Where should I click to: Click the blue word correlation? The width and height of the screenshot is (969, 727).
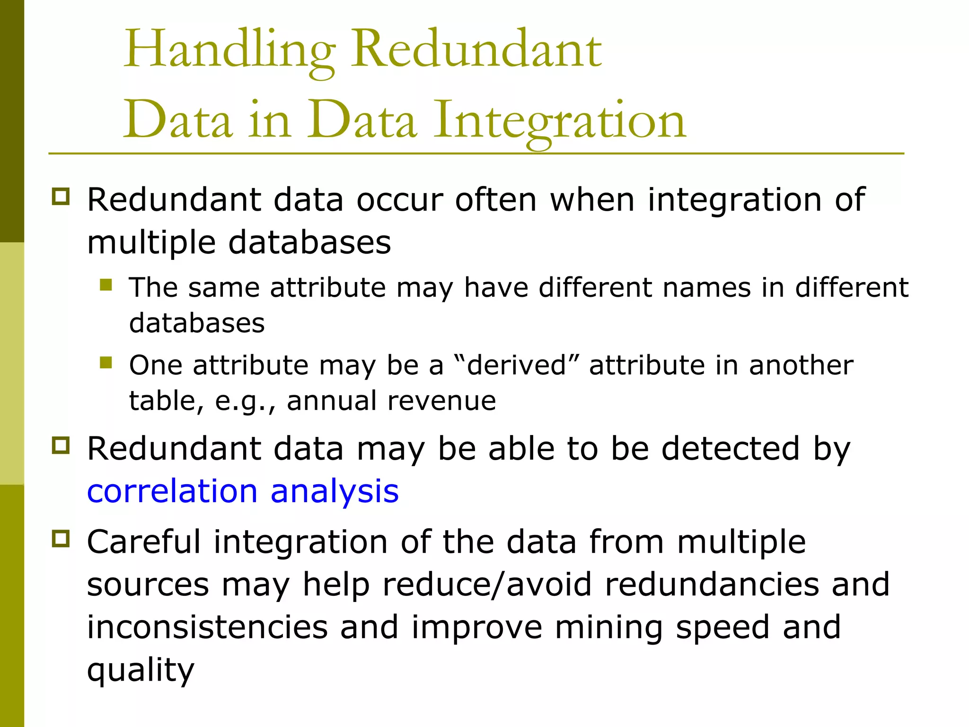(x=172, y=491)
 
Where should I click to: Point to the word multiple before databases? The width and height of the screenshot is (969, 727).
(x=151, y=243)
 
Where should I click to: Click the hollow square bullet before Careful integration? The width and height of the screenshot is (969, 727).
(x=61, y=539)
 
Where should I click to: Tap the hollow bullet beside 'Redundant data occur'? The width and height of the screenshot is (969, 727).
(x=61, y=196)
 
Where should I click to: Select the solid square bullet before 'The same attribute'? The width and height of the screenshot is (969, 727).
(x=106, y=284)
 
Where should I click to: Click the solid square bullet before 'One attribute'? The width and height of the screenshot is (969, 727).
(x=106, y=363)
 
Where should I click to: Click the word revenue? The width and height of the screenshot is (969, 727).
(x=441, y=401)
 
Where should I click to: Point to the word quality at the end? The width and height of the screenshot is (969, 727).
(x=141, y=670)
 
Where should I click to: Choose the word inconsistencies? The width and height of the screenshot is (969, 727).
(x=207, y=627)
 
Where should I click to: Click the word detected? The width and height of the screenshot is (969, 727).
(x=731, y=448)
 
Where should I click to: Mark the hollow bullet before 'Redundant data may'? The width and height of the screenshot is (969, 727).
(x=61, y=445)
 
